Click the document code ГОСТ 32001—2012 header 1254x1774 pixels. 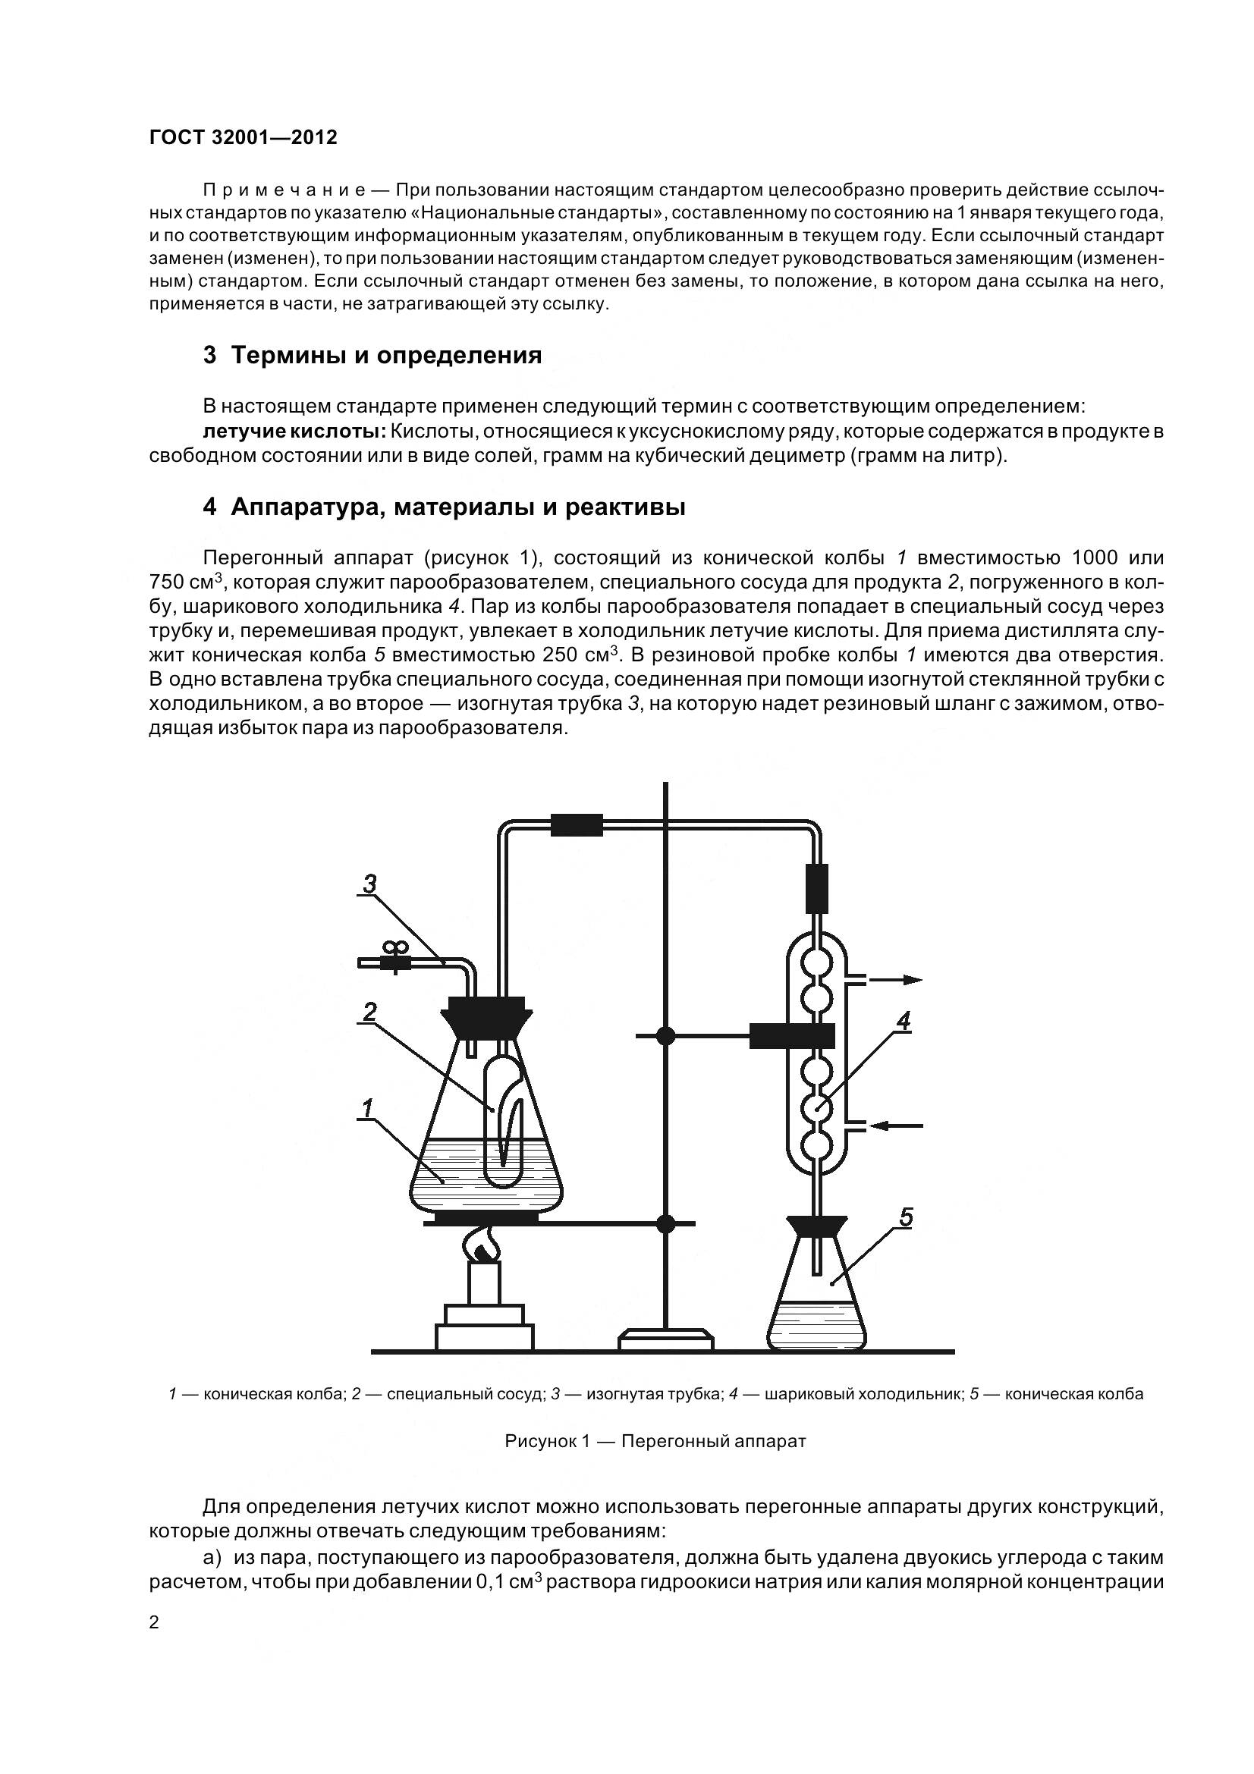(243, 137)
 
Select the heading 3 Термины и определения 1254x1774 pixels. (372, 356)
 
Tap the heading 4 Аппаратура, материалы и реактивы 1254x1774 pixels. (444, 507)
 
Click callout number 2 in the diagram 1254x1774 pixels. (369, 1012)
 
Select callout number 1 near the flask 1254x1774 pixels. (366, 1110)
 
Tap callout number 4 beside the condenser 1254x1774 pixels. (903, 1022)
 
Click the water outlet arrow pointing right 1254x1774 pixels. (896, 980)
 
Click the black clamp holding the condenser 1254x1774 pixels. (791, 1036)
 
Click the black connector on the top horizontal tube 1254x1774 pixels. (576, 825)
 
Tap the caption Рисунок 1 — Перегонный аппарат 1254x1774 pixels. (655, 1441)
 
